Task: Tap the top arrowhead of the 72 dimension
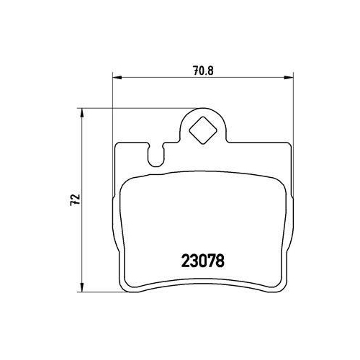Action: [x=83, y=112]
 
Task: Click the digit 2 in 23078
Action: [x=181, y=256]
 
